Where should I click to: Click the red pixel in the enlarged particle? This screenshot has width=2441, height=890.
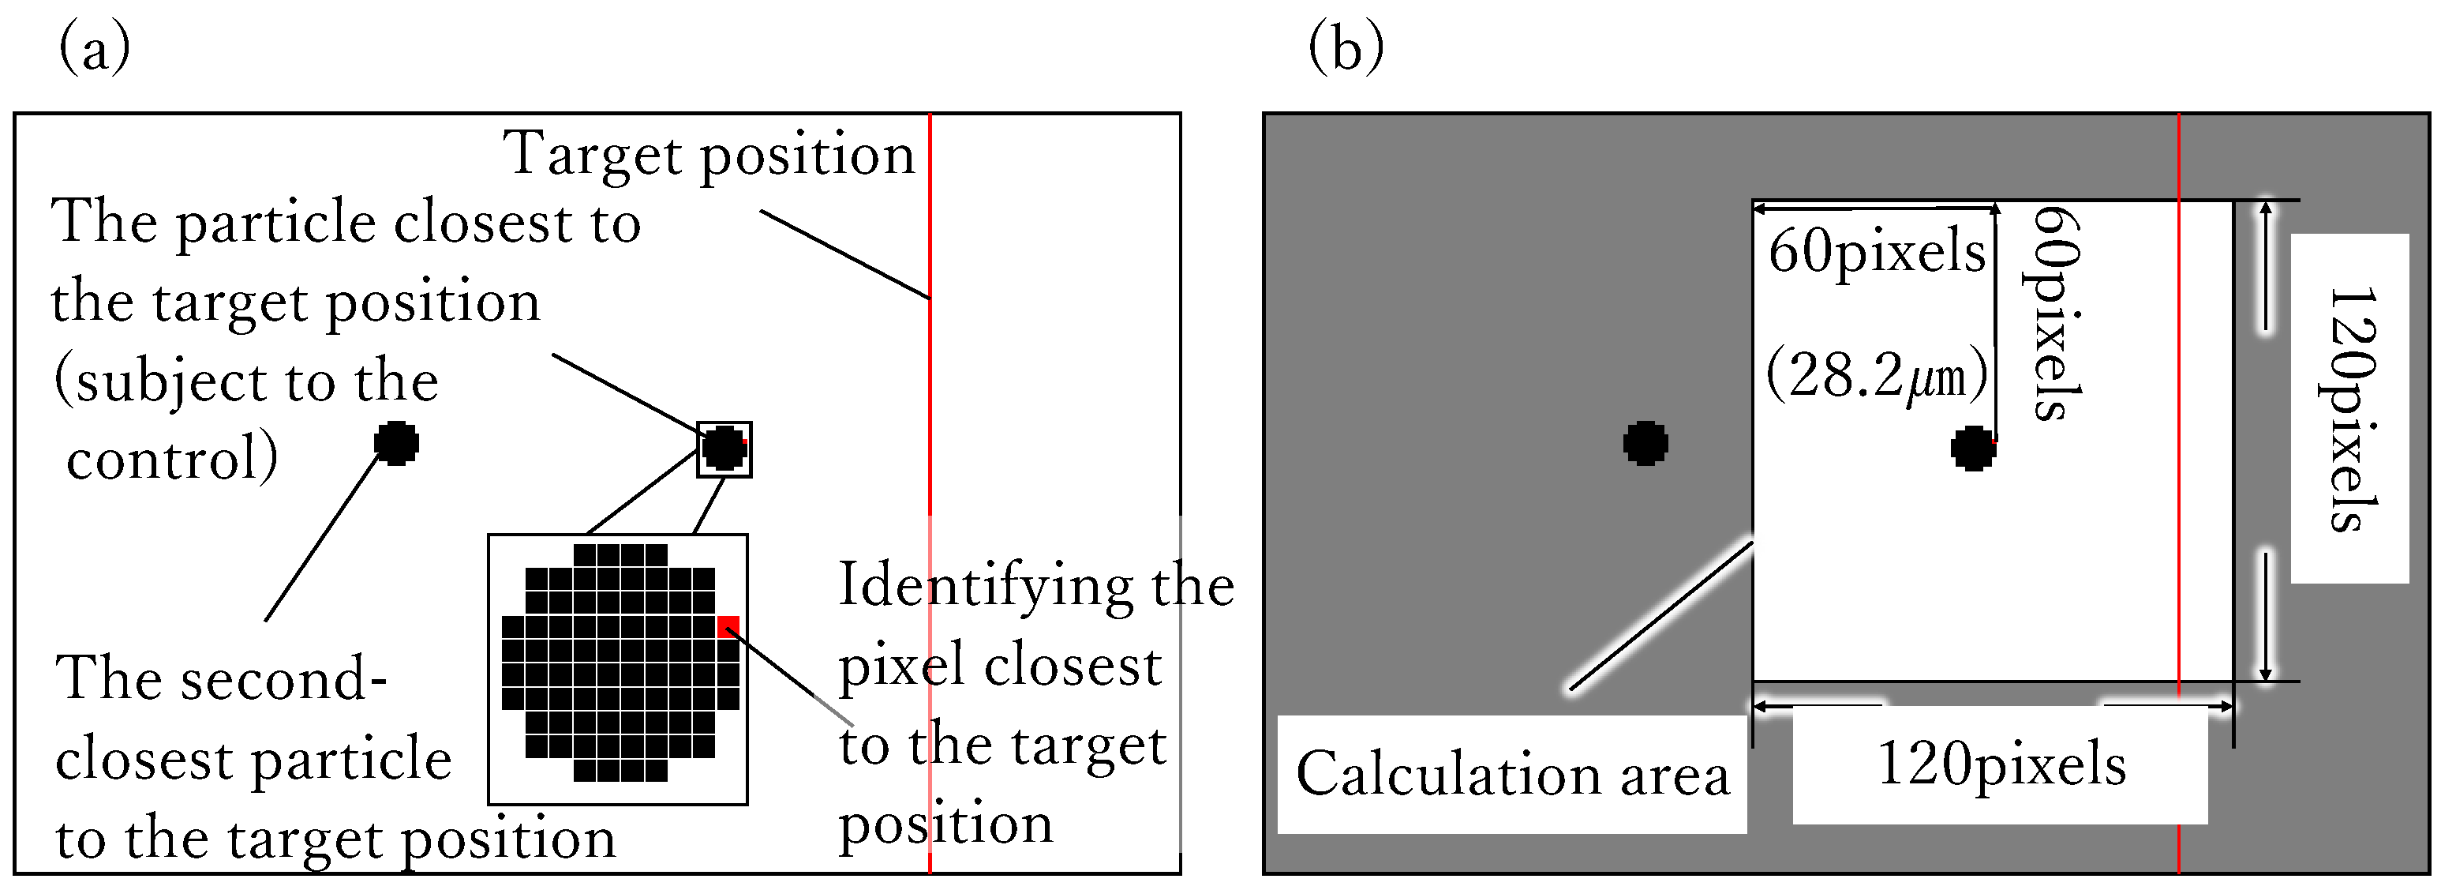point(728,625)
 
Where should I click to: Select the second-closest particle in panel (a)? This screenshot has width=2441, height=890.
point(396,442)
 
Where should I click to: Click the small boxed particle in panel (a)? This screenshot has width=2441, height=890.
point(724,449)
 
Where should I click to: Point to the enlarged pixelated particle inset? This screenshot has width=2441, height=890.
point(618,668)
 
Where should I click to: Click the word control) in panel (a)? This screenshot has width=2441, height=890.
point(171,459)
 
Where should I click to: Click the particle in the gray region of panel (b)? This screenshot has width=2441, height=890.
point(1645,442)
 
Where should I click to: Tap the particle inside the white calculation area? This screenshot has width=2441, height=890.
point(1973,449)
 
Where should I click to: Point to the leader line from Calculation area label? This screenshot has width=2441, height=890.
point(1660,616)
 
